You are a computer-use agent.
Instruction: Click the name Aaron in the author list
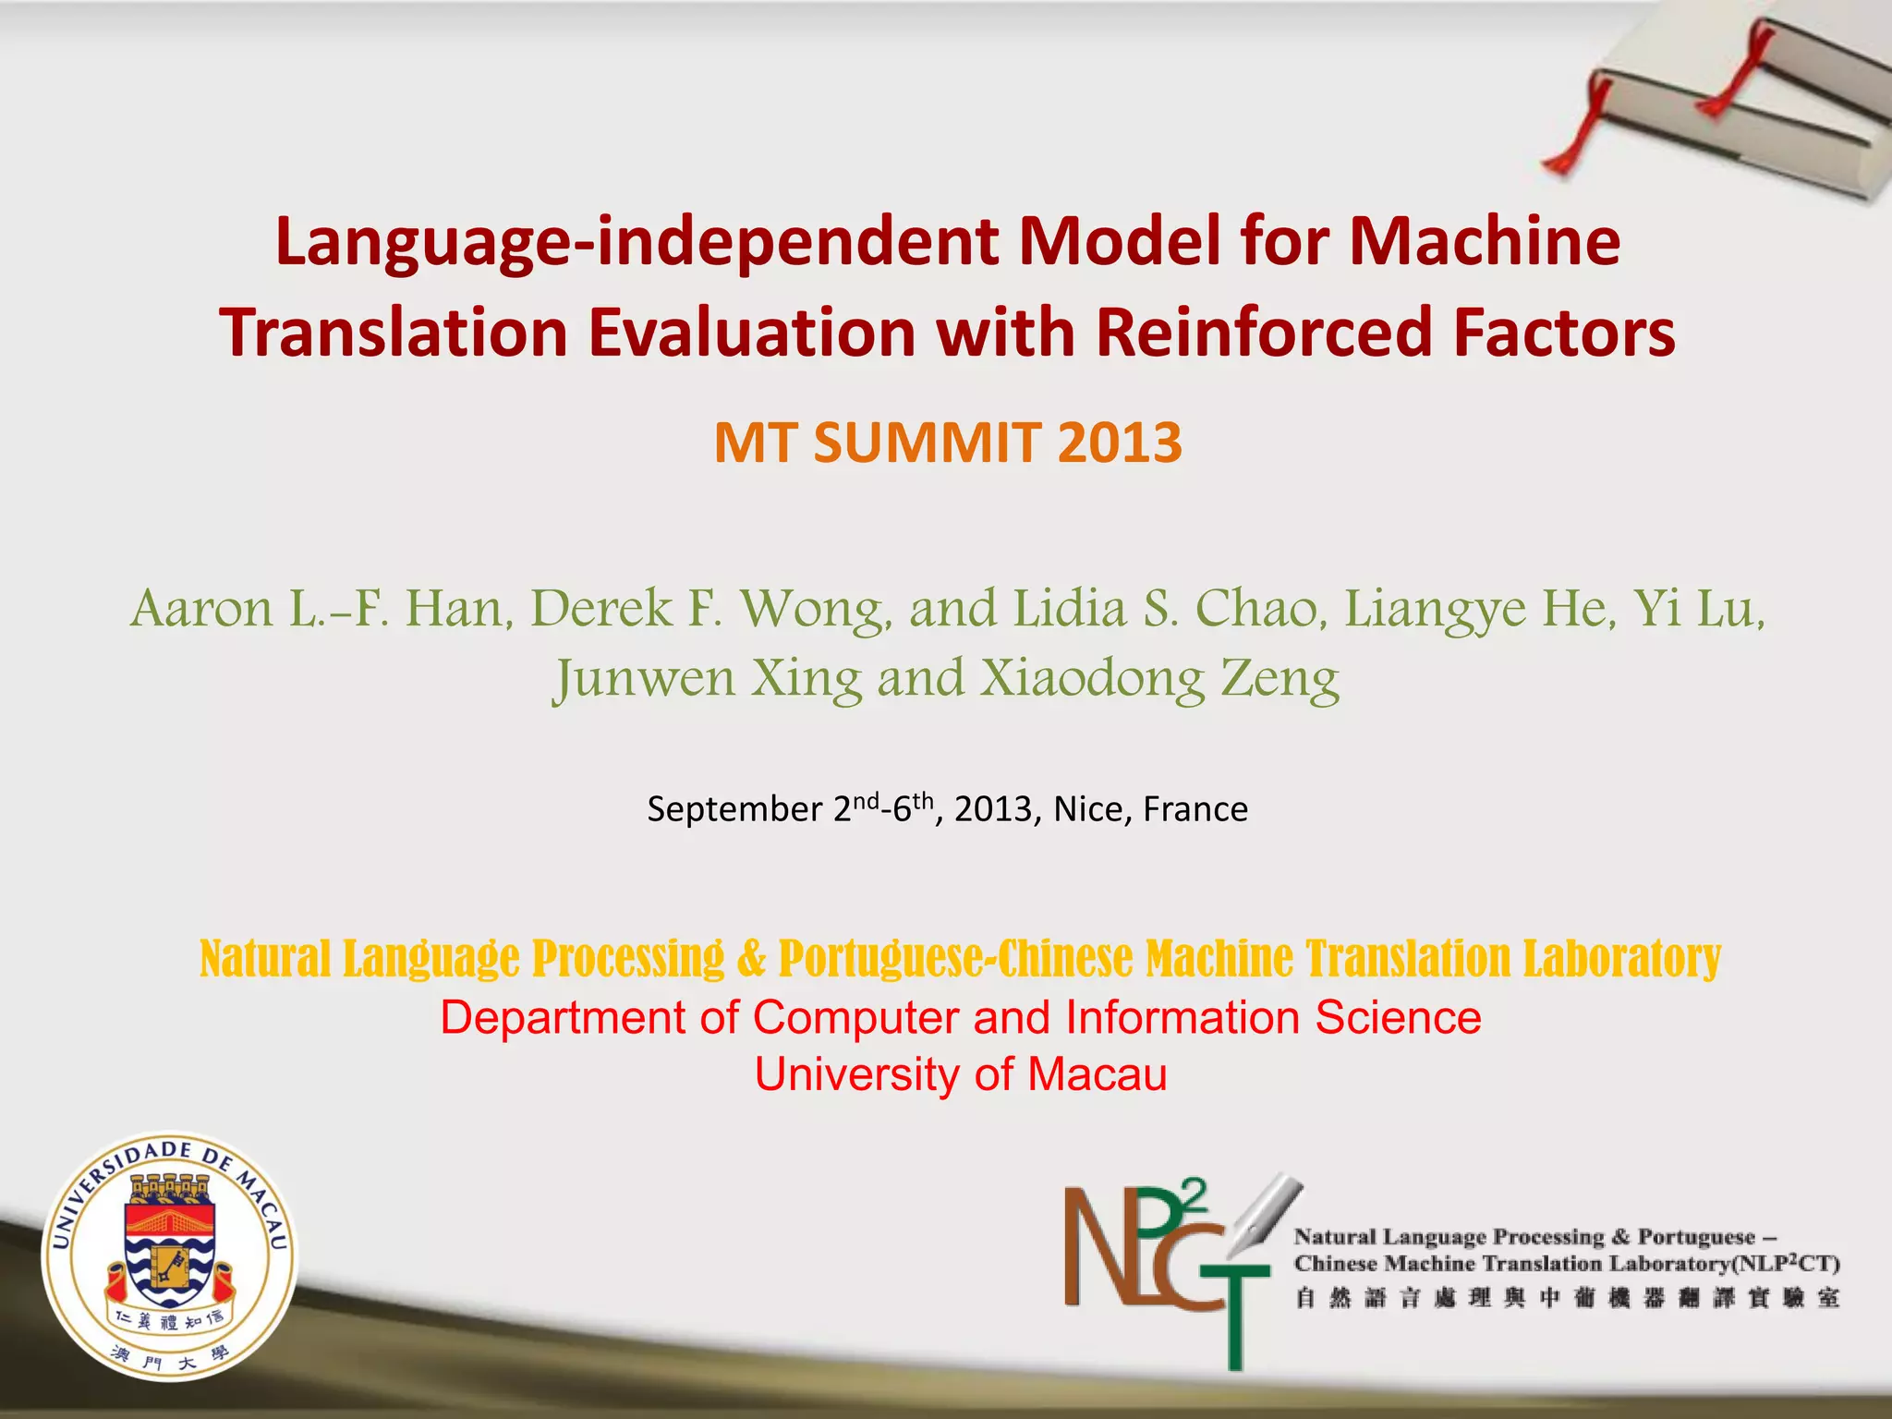(202, 609)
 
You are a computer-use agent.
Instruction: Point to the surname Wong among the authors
(817, 609)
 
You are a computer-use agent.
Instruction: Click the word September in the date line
(734, 809)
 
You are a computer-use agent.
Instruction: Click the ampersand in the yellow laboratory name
(751, 958)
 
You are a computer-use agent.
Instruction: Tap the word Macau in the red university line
(1098, 1074)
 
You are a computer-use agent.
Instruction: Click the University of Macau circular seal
(170, 1256)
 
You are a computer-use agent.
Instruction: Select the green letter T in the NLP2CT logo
(1234, 1312)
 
